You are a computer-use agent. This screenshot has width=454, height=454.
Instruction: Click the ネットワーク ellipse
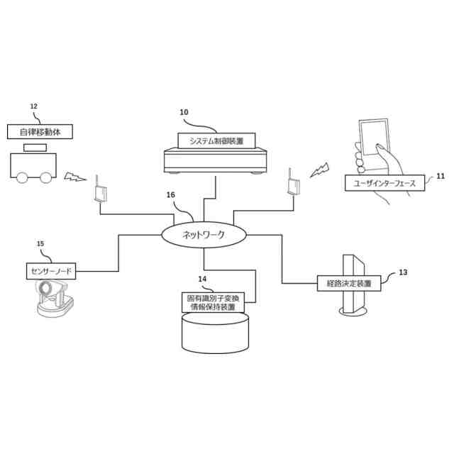(204, 235)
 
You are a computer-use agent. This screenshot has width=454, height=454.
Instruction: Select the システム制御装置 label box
(216, 141)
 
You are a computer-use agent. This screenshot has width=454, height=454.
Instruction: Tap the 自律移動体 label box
(40, 132)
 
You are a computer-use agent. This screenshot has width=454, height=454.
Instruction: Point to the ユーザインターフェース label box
(384, 183)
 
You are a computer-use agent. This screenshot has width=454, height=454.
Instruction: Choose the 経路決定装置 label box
(348, 283)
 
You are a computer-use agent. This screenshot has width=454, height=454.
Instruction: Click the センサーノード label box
(50, 270)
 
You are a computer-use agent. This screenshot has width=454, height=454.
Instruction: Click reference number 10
(184, 112)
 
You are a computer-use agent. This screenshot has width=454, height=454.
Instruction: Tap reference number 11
(440, 175)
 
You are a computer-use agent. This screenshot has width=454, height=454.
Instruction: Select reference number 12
(33, 106)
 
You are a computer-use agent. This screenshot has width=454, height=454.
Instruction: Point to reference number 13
(403, 272)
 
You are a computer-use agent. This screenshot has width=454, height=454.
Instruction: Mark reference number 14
(202, 279)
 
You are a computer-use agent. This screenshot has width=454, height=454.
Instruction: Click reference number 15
(40, 244)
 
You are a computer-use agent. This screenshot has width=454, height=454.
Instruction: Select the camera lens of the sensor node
(47, 289)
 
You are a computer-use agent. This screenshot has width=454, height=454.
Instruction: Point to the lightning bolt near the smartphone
(320, 169)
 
